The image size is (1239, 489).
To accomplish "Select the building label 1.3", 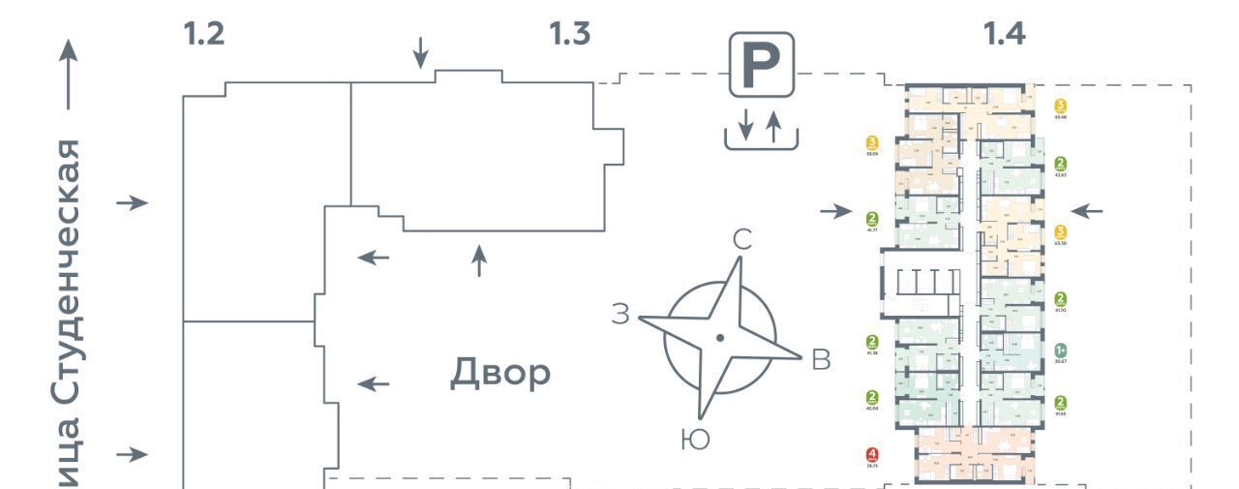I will pyautogui.click(x=569, y=34).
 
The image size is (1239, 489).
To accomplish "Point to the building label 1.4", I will pyautogui.click(x=1004, y=34).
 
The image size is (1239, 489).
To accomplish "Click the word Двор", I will pyautogui.click(x=499, y=373).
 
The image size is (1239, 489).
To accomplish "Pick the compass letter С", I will pyautogui.click(x=741, y=240).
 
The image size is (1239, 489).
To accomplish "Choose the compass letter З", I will pyautogui.click(x=621, y=313).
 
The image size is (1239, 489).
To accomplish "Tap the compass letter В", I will pyautogui.click(x=820, y=359).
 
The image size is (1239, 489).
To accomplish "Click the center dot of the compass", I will pyautogui.click(x=719, y=338).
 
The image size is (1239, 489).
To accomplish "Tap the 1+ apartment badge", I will pyautogui.click(x=1061, y=350).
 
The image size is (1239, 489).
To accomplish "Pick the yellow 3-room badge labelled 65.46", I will pyautogui.click(x=1061, y=106).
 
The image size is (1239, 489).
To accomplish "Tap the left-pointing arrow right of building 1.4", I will pyautogui.click(x=1086, y=210).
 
